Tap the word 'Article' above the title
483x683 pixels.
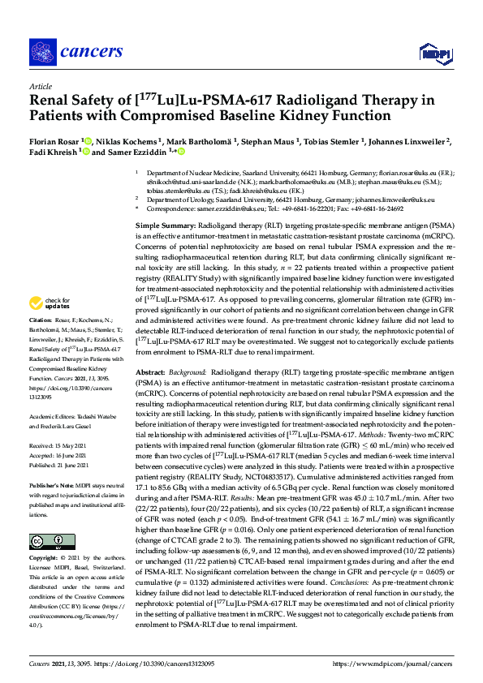click(x=40, y=85)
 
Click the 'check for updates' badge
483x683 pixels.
click(x=50, y=327)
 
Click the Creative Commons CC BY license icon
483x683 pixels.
click(x=45, y=542)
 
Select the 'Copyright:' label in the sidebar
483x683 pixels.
click(x=46, y=559)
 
